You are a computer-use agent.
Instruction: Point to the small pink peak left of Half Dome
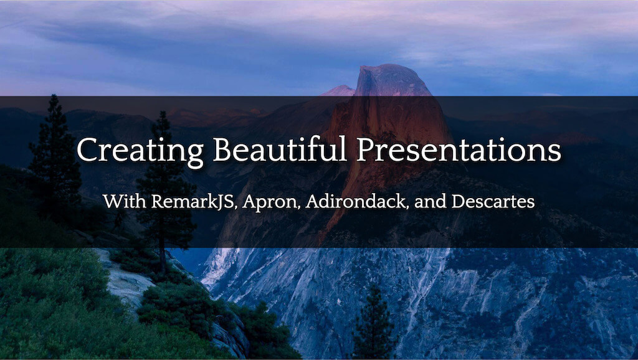(340, 90)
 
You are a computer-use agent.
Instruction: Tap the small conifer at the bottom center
(374, 324)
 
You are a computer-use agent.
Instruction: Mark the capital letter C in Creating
(87, 150)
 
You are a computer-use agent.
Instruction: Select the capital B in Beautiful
(222, 150)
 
